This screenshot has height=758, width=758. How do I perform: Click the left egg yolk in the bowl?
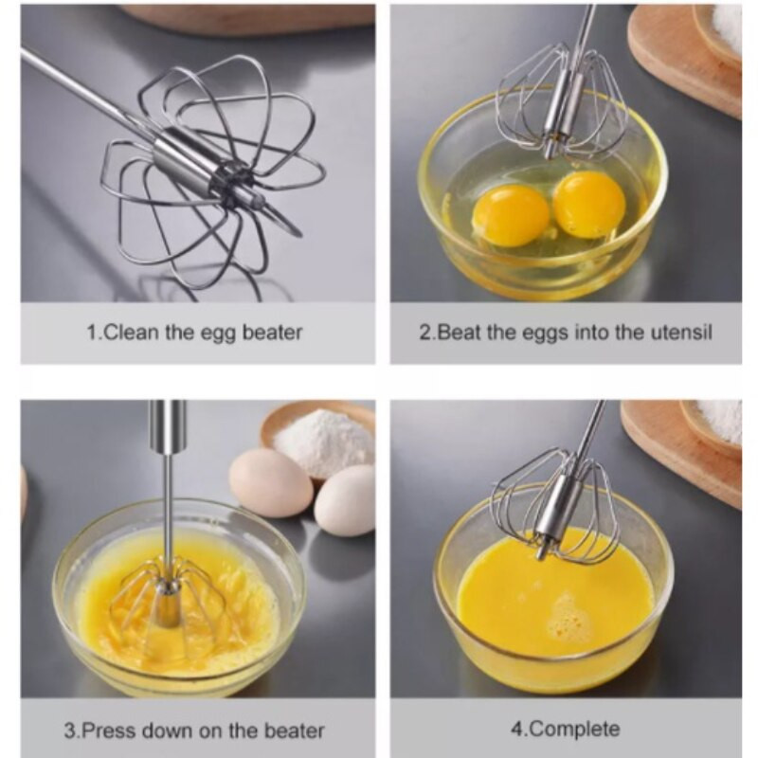click(511, 215)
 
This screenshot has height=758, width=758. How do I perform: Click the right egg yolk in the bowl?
click(589, 204)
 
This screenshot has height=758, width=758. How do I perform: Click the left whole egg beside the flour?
click(271, 483)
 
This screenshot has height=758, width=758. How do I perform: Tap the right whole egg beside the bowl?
click(345, 500)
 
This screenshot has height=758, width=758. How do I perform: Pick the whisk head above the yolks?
click(562, 100)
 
